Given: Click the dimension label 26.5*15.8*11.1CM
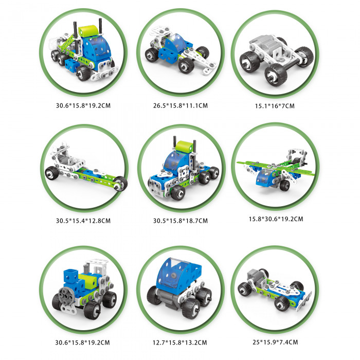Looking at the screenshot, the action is tap(181, 105).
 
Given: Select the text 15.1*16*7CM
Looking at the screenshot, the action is tap(275, 106).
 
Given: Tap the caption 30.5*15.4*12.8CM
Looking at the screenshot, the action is tap(83, 221).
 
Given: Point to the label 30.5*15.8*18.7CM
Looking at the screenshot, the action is tap(181, 221).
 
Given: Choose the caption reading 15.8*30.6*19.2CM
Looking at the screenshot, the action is tap(276, 219).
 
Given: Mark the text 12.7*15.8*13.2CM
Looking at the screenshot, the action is tap(180, 343).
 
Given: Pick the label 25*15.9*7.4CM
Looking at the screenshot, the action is tap(275, 342).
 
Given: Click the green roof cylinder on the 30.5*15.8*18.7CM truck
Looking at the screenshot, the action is tap(184, 146).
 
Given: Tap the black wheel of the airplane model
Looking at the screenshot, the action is tap(285, 185).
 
